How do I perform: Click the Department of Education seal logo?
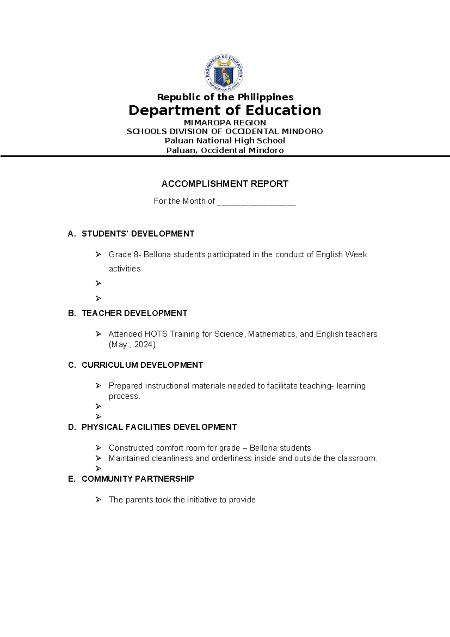click(x=224, y=74)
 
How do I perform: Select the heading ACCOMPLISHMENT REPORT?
click(x=225, y=184)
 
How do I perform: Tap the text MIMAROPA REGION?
click(x=225, y=123)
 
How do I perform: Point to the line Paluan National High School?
click(x=225, y=141)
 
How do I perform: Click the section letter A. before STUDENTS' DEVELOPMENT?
click(x=72, y=234)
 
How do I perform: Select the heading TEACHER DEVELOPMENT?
click(x=134, y=314)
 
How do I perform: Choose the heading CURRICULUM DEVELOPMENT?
click(x=142, y=365)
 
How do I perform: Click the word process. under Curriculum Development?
click(x=124, y=397)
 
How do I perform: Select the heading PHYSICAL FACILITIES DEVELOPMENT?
click(x=159, y=427)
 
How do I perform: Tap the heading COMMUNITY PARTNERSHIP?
click(x=138, y=479)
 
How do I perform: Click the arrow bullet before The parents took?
click(x=98, y=500)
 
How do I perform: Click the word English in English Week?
click(x=329, y=255)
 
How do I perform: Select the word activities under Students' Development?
click(x=124, y=269)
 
